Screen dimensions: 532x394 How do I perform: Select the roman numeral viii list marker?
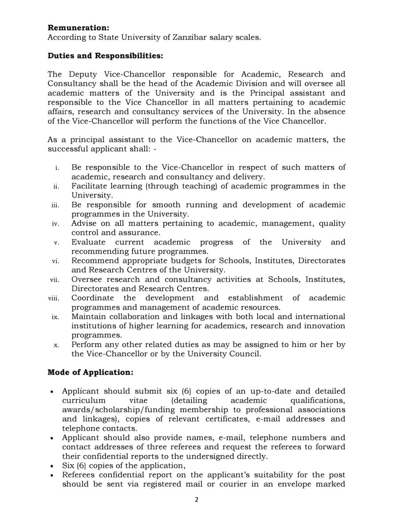click(55, 297)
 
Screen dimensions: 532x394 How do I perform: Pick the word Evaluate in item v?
click(89, 243)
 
